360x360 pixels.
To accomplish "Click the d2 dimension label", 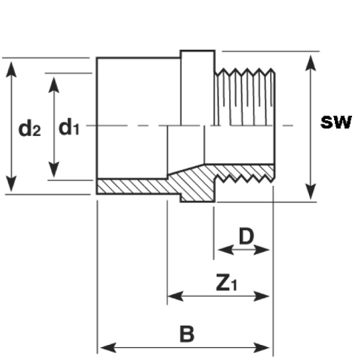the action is click(x=30, y=129).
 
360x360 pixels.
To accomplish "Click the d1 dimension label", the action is click(x=69, y=127).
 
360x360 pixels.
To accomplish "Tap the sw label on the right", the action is click(x=336, y=122).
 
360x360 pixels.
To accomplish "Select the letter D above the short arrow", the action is click(x=246, y=236).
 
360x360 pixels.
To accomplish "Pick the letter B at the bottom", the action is click(x=187, y=334).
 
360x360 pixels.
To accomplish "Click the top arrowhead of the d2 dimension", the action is click(x=12, y=70).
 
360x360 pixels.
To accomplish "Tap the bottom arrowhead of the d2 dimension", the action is click(x=12, y=184).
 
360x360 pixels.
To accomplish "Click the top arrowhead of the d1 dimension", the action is click(x=54, y=85).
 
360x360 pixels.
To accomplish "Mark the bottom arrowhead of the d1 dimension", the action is click(x=54, y=170).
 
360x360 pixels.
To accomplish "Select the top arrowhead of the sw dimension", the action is click(x=311, y=63).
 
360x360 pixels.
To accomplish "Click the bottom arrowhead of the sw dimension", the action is click(x=311, y=192).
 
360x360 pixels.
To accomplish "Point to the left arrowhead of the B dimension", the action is click(x=109, y=348).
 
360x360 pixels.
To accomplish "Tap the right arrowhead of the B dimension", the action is click(x=261, y=348).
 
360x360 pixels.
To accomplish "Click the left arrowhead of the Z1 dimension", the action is click(x=176, y=296).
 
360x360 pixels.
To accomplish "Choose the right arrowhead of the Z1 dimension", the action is click(x=261, y=296).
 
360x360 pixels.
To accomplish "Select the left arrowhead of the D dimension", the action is click(x=226, y=250).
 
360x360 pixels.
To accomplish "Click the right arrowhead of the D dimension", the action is click(x=261, y=250).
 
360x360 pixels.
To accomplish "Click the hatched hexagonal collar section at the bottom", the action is click(x=197, y=192).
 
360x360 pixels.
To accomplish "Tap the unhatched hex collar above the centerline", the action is click(x=197, y=88).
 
